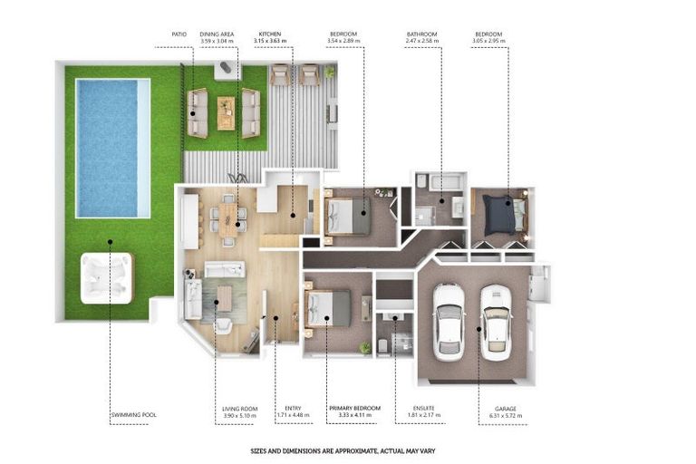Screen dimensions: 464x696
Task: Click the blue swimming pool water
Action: tap(112, 148)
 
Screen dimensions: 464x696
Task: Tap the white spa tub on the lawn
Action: tap(106, 277)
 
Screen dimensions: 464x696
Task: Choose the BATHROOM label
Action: tap(422, 34)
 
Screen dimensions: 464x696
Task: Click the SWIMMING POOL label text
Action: tap(133, 415)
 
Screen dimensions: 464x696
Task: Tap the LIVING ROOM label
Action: tap(240, 409)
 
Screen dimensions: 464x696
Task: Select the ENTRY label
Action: tap(292, 409)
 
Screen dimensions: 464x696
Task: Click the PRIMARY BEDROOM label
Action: tap(354, 409)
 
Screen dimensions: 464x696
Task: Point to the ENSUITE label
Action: tap(422, 409)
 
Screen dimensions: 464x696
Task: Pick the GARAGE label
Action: tap(506, 409)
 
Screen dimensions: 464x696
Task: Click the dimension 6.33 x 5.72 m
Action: tap(506, 417)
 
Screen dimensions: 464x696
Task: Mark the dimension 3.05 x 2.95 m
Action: tap(488, 42)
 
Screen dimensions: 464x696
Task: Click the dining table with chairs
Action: tap(227, 218)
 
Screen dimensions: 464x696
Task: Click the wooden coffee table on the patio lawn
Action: tap(225, 112)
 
